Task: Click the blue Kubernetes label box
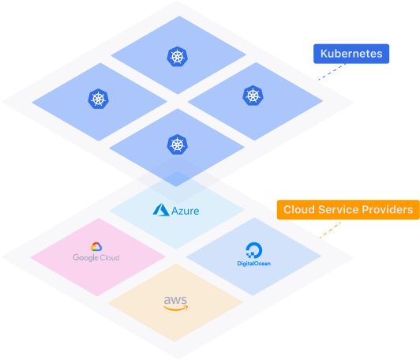(351, 54)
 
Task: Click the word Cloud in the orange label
(299, 210)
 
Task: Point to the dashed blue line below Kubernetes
(332, 72)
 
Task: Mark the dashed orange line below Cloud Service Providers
(330, 230)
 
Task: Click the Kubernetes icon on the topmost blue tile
(178, 57)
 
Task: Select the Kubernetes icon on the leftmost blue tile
(99, 99)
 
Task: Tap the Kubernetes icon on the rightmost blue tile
(253, 96)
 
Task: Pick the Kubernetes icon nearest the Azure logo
(178, 144)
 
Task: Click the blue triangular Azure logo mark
(161, 210)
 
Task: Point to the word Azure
(185, 211)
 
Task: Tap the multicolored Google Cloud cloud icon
(96, 246)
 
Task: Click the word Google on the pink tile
(85, 257)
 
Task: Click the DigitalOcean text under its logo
(254, 264)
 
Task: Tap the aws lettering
(175, 300)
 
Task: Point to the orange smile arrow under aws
(175, 309)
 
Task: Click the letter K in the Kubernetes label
(324, 54)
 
